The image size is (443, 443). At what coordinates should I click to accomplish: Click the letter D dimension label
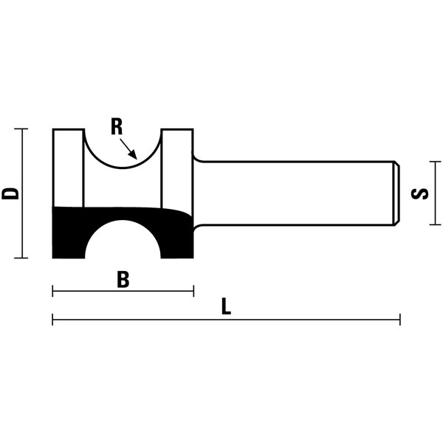(10, 193)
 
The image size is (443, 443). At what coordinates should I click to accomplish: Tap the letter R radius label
(117, 127)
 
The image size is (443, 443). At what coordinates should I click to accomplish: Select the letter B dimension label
(123, 280)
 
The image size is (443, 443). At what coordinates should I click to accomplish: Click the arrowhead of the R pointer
(134, 155)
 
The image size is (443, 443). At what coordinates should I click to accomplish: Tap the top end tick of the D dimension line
(22, 129)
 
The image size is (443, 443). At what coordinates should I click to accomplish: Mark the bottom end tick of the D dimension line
(22, 258)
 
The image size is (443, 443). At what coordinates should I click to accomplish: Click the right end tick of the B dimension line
(193, 291)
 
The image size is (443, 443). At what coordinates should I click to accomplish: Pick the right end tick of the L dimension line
(399, 320)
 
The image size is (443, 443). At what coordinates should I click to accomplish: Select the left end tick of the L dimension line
(53, 320)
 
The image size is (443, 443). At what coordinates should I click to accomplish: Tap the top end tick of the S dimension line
(436, 163)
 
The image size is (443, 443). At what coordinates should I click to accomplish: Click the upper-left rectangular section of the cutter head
(69, 167)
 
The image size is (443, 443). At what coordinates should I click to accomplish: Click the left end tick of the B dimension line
(53, 291)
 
